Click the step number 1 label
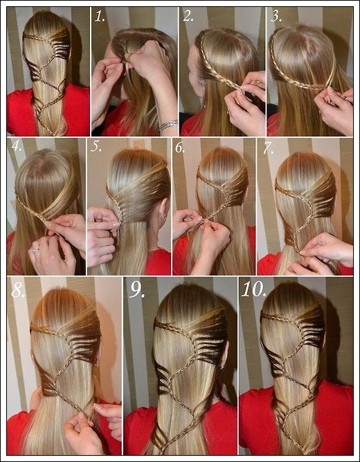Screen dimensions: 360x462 100,17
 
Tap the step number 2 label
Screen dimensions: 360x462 188,16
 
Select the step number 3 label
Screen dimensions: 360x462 276,16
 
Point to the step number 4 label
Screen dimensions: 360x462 17,146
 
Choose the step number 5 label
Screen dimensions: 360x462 96,146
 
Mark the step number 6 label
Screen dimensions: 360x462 180,148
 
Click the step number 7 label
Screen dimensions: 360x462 268,148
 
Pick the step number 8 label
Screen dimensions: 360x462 18,290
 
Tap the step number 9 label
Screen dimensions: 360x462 137,290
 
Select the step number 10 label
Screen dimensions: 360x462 253,290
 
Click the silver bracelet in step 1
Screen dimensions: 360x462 168,125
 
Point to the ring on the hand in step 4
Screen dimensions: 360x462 36,250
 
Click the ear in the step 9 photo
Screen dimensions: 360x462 224,353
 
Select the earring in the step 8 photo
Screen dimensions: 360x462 97,364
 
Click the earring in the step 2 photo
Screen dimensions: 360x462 204,105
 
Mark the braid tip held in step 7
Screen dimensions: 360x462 300,252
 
